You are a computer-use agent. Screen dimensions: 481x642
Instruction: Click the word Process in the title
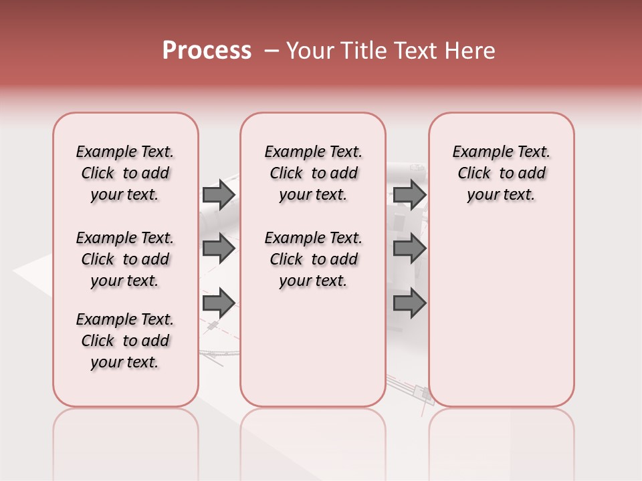207,51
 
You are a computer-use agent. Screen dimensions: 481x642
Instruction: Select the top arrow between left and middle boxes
219,194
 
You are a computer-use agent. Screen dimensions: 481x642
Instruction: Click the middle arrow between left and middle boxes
219,249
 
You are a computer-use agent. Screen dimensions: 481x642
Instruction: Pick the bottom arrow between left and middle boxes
219,303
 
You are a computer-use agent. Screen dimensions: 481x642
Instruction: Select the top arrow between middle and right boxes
409,194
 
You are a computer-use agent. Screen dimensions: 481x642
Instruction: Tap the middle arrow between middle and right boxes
409,249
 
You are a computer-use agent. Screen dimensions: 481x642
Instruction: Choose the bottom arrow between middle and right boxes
409,303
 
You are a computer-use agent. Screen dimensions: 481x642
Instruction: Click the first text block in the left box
125,173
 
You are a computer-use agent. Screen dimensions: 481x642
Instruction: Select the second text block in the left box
125,259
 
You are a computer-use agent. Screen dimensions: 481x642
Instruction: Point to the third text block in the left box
125,341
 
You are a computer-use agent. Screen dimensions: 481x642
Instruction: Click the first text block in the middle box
313,173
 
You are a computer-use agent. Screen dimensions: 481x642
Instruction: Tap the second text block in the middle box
313,259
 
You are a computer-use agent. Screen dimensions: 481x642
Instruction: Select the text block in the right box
501,173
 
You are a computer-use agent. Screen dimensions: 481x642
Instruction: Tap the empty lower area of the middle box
313,347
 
